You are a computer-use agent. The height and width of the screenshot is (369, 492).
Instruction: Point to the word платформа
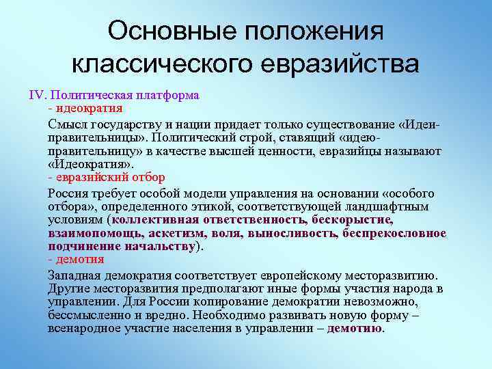pos(167,96)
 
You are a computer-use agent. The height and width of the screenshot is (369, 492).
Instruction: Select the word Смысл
pos(68,124)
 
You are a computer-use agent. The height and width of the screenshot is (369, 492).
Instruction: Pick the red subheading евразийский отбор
pos(111,177)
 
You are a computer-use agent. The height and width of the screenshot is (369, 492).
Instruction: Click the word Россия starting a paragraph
pos(69,193)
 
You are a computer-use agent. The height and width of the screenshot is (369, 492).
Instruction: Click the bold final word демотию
pos(355,328)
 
